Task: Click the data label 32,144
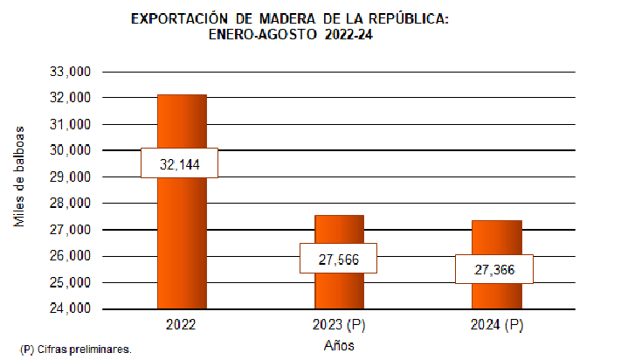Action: [179, 163]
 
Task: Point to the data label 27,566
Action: [337, 259]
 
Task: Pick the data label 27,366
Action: [494, 270]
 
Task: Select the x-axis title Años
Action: [338, 346]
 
